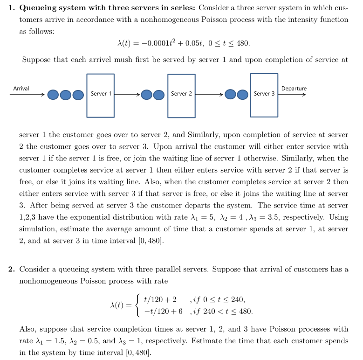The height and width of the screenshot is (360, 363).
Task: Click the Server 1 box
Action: tap(100, 95)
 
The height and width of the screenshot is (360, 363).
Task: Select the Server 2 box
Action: tap(181, 96)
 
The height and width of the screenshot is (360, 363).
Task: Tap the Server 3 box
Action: tap(264, 95)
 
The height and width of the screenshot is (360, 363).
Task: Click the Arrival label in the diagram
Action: tap(21, 88)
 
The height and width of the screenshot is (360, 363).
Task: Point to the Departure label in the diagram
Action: tap(294, 88)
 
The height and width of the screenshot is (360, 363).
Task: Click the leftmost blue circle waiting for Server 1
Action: tap(53, 95)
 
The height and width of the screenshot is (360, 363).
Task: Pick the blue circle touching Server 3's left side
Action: tap(242, 95)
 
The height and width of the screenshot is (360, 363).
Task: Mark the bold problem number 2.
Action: tap(11, 269)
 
